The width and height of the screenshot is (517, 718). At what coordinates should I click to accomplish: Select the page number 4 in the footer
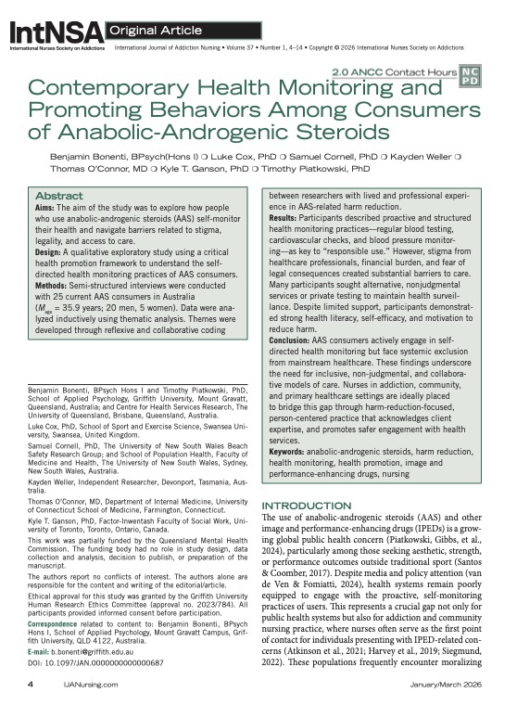(x=32, y=707)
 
